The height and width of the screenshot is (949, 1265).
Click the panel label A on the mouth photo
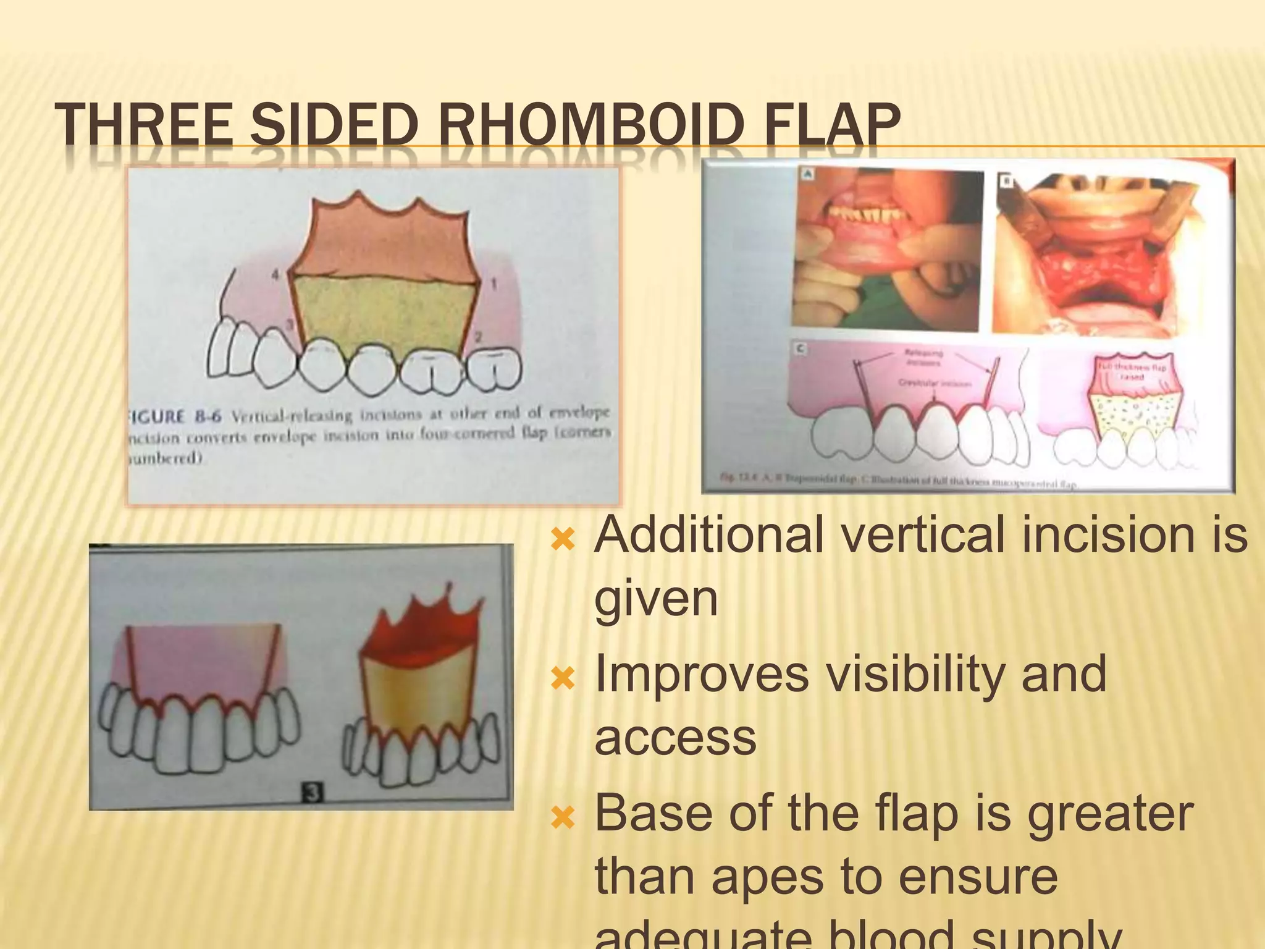point(807,174)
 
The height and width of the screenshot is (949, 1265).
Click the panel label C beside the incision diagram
point(801,348)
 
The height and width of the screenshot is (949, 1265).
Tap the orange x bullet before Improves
point(563,680)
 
